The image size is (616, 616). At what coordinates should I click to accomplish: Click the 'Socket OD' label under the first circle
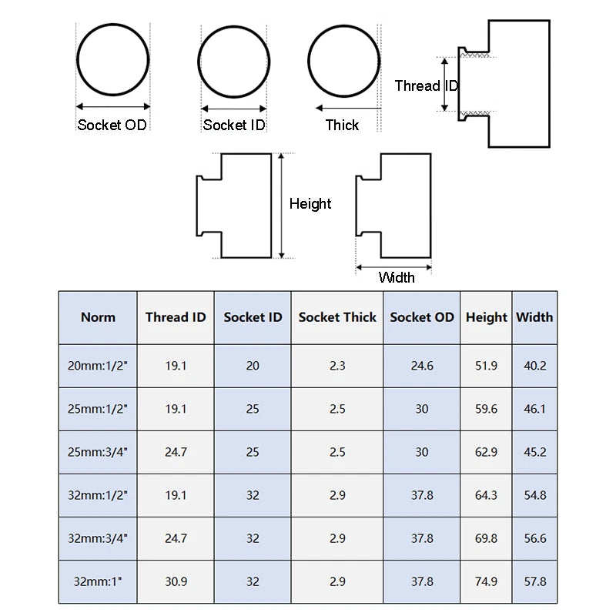point(112,125)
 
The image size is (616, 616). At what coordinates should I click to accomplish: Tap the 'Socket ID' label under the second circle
point(234,125)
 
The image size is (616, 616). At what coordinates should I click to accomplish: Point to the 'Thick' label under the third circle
point(342,125)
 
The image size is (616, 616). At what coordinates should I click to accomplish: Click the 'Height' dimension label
point(310,204)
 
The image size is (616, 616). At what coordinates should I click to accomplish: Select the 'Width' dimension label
point(397,277)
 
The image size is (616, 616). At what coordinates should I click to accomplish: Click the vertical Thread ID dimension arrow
point(445,85)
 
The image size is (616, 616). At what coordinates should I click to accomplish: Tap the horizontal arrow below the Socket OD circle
point(113,106)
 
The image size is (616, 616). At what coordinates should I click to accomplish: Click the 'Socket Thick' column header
point(337,317)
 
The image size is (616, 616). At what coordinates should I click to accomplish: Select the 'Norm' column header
point(99,317)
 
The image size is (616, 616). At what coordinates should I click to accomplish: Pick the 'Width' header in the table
point(534,317)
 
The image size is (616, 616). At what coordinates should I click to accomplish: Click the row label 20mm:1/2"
point(98,366)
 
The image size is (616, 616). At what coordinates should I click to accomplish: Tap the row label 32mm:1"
point(98,581)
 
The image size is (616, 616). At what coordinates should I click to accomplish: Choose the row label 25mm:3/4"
point(98,452)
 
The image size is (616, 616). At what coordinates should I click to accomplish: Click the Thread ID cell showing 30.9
point(176,581)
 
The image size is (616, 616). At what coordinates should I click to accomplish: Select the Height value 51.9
point(487,366)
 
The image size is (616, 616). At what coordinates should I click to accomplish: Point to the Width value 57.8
point(534,581)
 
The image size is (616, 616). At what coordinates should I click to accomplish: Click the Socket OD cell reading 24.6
point(422,366)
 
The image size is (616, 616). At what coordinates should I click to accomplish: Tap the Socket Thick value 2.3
point(337,366)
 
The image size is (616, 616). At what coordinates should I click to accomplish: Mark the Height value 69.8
point(487,538)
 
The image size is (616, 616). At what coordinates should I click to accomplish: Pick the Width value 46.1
point(534,409)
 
